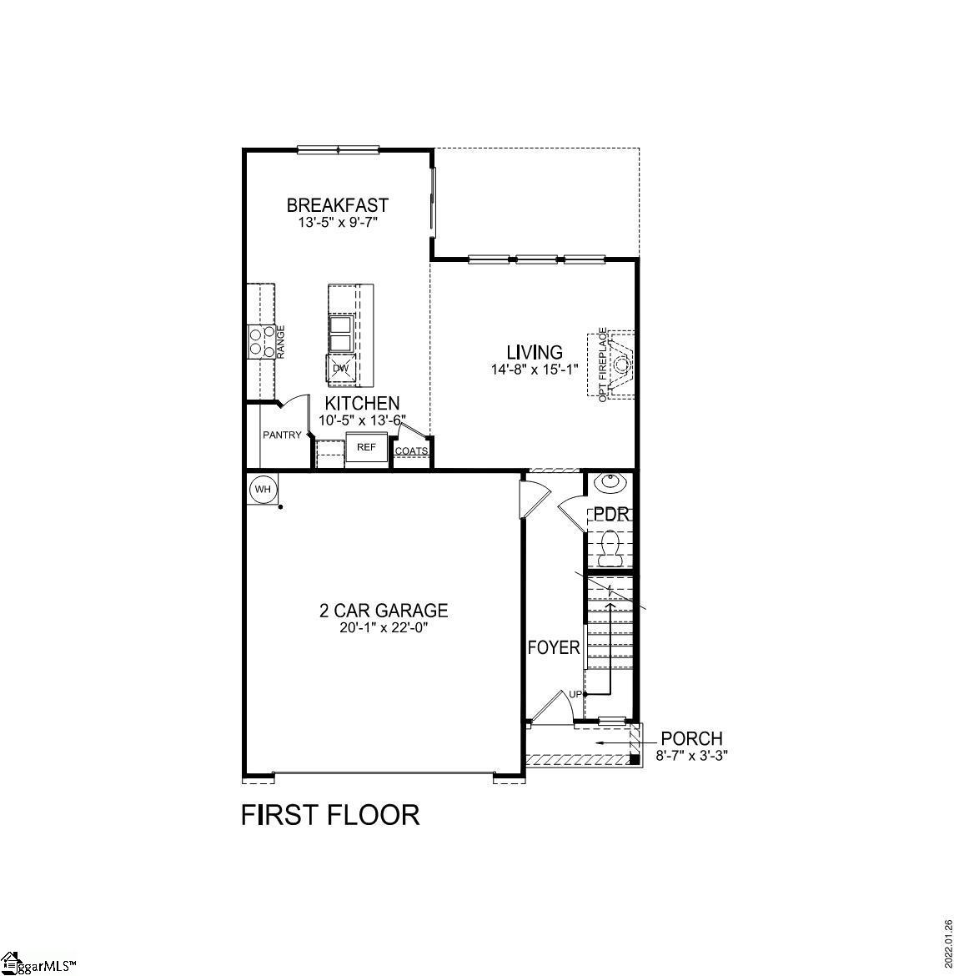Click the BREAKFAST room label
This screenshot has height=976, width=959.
coord(337,204)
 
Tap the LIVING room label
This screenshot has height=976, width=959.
coord(535,352)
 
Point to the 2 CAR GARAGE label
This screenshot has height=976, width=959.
coord(384,611)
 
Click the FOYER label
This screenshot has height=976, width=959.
coord(554,647)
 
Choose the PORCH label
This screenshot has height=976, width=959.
coord(691,738)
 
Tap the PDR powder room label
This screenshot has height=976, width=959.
coord(610,515)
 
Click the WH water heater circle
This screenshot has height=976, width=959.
coord(264,490)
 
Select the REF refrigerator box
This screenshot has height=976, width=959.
coord(367,447)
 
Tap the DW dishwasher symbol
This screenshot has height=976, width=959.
coord(340,368)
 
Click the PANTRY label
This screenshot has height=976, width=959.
coord(282,435)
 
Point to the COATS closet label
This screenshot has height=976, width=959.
coord(411,451)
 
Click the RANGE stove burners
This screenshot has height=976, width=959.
coord(261,342)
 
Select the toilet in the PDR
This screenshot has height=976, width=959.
coord(610,549)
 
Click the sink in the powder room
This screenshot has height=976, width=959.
coord(610,482)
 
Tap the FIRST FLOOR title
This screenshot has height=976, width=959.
coord(330,814)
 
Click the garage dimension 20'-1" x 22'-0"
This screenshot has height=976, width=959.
coord(384,627)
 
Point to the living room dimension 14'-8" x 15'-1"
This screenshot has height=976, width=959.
coord(535,369)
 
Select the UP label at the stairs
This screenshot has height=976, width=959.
coord(575,694)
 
